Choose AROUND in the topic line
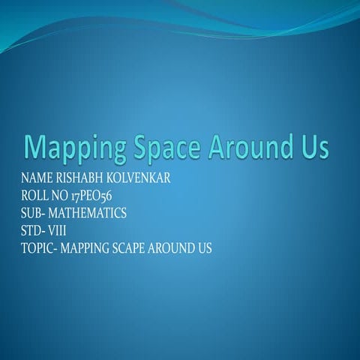(181, 247)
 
